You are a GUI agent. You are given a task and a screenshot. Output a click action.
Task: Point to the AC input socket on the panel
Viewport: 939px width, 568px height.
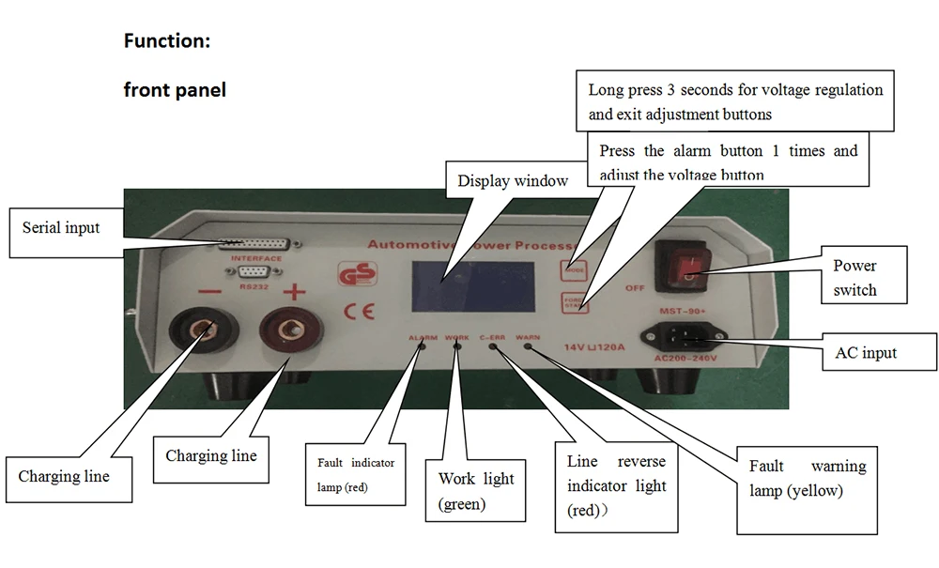click(684, 335)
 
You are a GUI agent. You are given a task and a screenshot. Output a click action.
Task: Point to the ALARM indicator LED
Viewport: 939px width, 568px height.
click(421, 346)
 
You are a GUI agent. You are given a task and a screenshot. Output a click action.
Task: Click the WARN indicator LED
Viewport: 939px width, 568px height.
click(528, 346)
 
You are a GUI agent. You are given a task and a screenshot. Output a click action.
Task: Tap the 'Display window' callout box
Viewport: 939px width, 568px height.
click(513, 181)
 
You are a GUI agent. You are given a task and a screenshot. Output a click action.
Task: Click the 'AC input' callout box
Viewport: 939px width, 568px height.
click(878, 353)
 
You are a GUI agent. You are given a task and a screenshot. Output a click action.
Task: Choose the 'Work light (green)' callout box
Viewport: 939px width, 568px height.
click(475, 491)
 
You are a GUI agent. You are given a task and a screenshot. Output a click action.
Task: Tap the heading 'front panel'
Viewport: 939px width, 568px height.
click(175, 91)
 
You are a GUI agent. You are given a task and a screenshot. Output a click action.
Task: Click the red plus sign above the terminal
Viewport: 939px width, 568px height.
click(295, 292)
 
